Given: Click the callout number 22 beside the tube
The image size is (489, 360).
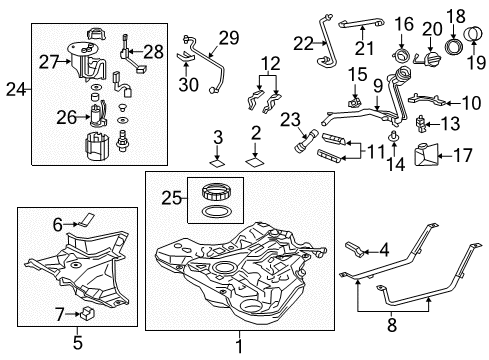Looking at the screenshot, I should (303, 42).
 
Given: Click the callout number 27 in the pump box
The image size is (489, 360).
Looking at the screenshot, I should (48, 61).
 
